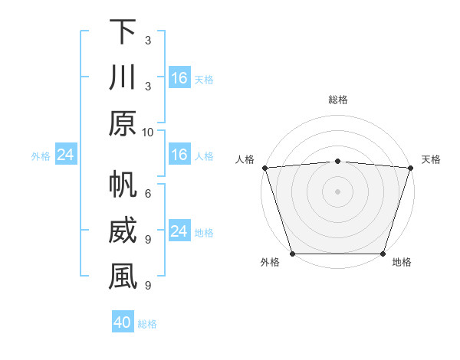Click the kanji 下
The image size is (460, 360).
click(123, 32)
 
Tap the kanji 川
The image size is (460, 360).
click(123, 79)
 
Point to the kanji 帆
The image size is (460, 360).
click(123, 185)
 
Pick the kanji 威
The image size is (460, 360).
click(123, 232)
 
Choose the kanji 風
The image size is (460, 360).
click(123, 278)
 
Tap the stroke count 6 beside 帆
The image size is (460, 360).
click(147, 193)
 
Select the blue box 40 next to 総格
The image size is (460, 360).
click(123, 322)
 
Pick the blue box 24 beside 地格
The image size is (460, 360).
click(179, 232)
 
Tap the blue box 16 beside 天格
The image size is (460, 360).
click(179, 78)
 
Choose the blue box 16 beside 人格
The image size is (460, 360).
click(179, 155)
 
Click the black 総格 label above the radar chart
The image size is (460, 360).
click(338, 100)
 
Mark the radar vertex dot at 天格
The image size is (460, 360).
click(410, 168)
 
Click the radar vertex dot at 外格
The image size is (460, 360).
click(293, 254)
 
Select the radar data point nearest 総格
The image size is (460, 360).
click(338, 161)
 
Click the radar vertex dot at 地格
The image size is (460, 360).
click(383, 254)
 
